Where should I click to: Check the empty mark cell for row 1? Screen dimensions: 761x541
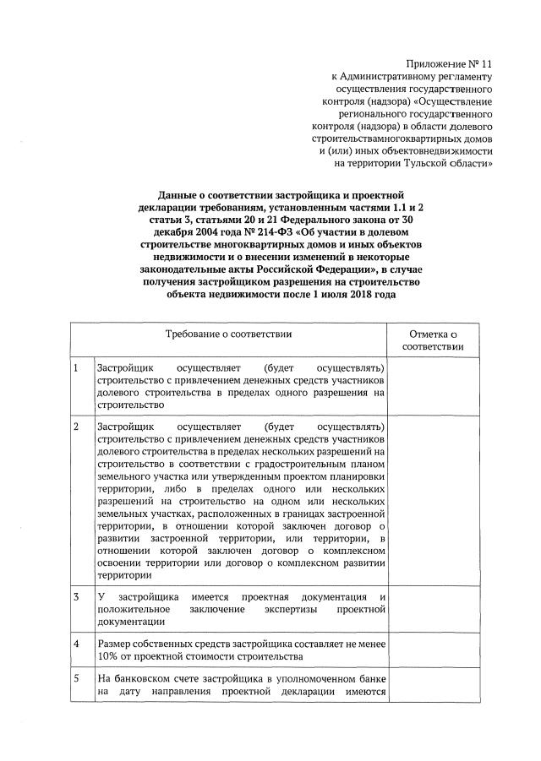[433, 386]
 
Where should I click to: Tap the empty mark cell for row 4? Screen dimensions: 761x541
[433, 650]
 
